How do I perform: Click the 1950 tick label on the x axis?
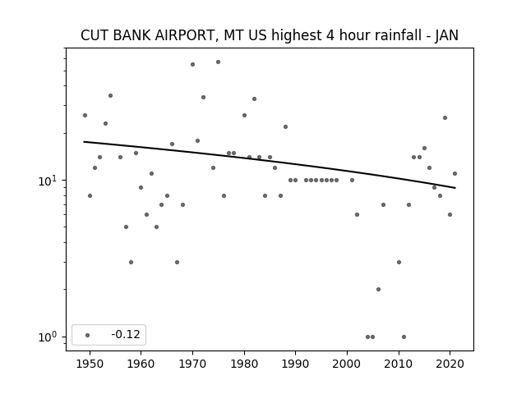coord(90,364)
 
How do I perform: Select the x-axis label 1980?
coord(244,364)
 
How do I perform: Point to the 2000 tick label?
coord(347,364)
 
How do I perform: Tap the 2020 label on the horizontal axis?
coord(450,364)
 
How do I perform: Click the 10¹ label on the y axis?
coord(49,181)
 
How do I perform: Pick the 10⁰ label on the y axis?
coord(49,337)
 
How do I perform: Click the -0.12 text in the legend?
coord(126,334)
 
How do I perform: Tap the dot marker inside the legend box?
coord(88,335)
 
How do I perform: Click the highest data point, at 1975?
coord(218,62)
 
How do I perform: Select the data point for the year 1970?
coord(192,64)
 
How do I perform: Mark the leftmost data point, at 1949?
coord(85,115)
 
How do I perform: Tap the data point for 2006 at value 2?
coord(378,289)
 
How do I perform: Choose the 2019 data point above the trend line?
coord(445,117)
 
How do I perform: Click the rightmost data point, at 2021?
coord(454,173)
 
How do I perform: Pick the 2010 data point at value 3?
coord(399,262)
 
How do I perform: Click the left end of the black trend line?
coord(84,142)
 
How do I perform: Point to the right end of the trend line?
coord(455,188)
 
